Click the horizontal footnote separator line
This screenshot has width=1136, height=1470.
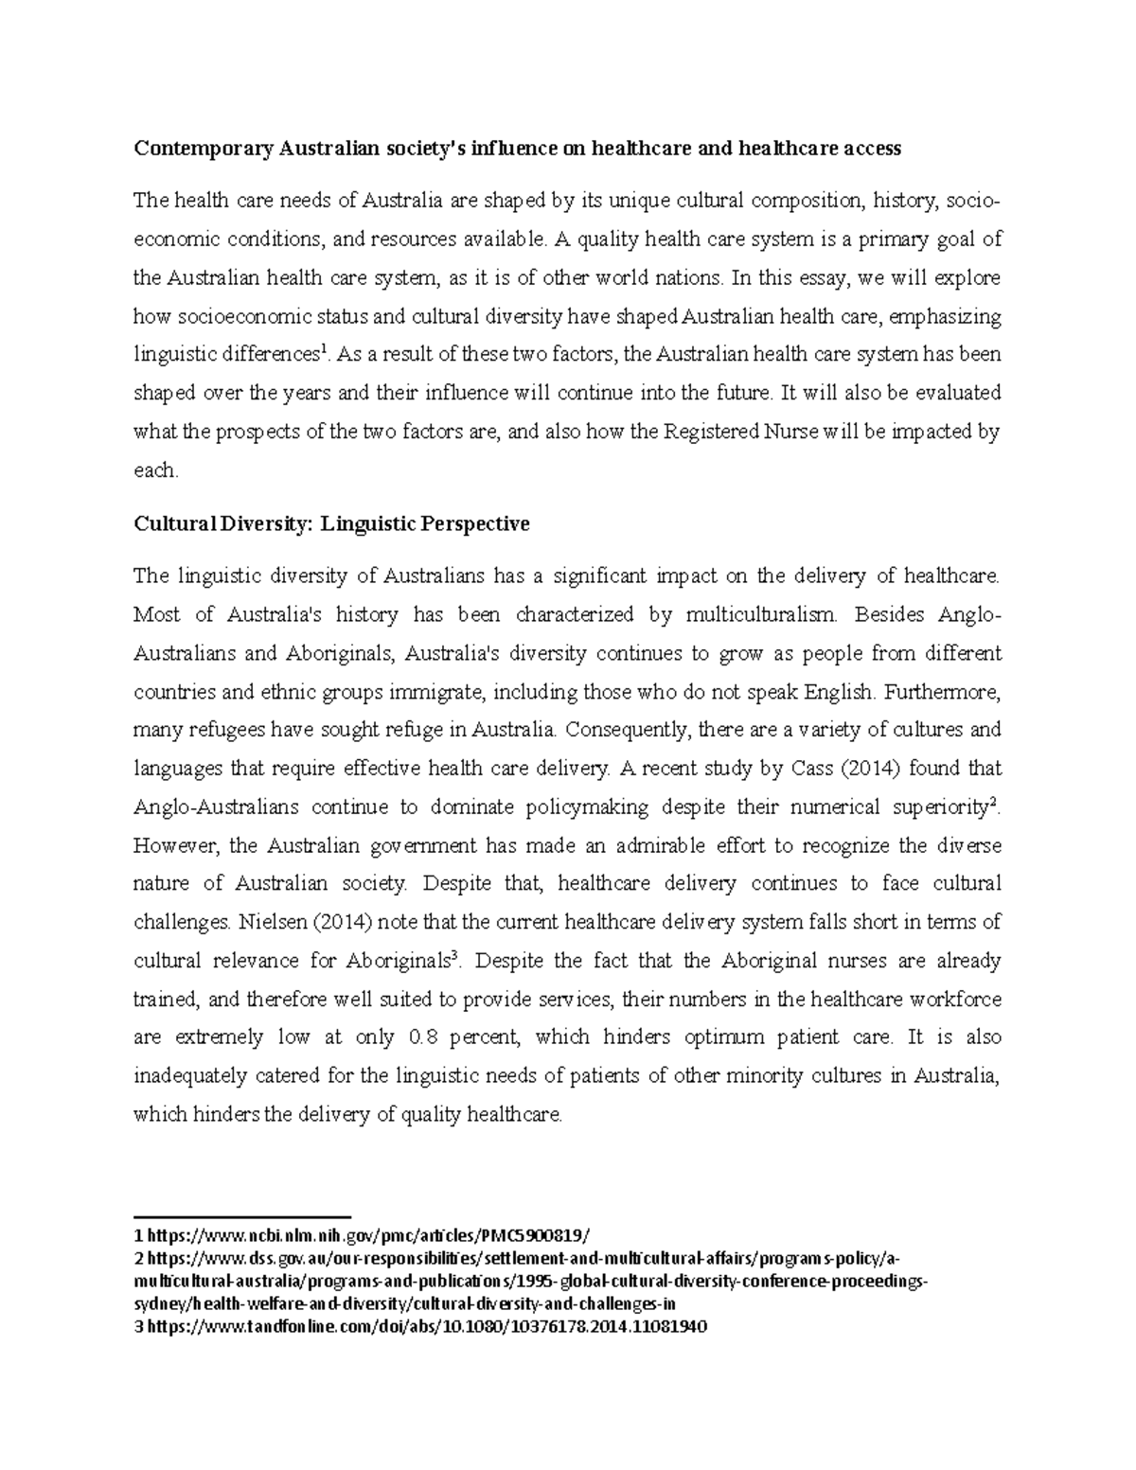(242, 1216)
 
